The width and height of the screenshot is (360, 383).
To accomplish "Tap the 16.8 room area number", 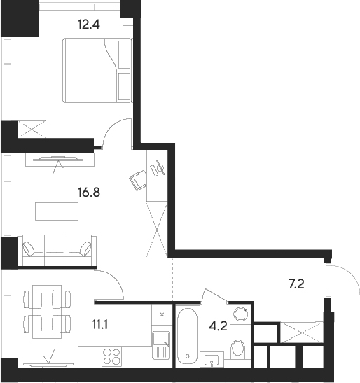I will pyautogui.click(x=88, y=189).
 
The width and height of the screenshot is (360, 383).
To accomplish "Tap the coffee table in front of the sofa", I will pyautogui.click(x=57, y=210).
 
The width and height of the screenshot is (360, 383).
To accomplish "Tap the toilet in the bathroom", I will pyautogui.click(x=237, y=347).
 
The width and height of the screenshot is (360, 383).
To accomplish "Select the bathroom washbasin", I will pyautogui.click(x=212, y=360).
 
